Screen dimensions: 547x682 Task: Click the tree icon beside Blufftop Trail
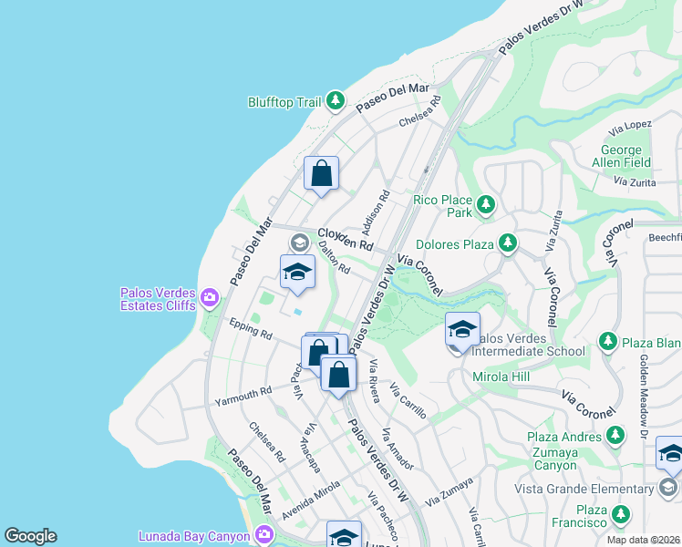[x=336, y=101]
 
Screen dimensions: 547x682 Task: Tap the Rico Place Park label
[x=443, y=206]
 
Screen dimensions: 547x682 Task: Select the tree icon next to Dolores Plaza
[x=507, y=243]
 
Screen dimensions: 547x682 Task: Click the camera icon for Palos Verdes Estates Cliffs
[x=211, y=297]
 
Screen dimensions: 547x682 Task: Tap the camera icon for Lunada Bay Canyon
[x=264, y=533]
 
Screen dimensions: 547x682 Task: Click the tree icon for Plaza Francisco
[x=622, y=516]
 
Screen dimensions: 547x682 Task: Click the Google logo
[x=30, y=536]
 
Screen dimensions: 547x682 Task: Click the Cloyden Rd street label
[x=346, y=240]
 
